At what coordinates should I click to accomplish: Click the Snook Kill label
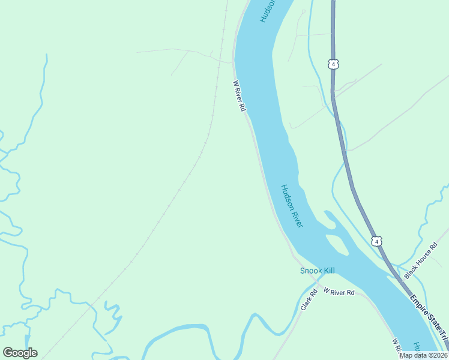tap(317, 271)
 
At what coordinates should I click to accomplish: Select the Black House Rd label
tap(422, 265)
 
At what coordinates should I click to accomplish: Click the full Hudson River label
tap(292, 206)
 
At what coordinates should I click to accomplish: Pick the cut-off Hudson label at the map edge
tap(268, 11)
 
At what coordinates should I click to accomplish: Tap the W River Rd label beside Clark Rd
tap(339, 292)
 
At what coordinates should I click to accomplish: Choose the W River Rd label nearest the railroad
tap(240, 96)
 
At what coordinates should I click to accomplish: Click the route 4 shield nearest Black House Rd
tap(376, 241)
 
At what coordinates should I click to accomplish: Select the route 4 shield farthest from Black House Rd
tap(333, 64)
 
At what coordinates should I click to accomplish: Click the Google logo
tap(20, 353)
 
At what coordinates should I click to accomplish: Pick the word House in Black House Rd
tap(423, 263)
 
